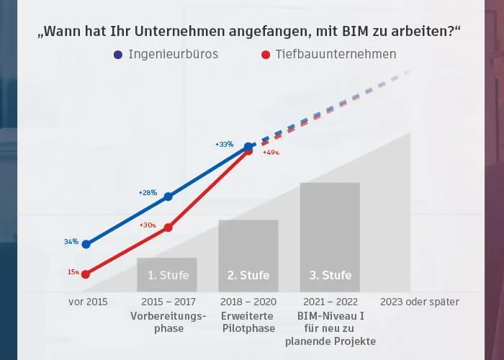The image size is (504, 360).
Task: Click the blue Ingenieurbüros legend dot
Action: pyautogui.click(x=118, y=55)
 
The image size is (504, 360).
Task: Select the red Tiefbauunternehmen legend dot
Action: pyautogui.click(x=266, y=55)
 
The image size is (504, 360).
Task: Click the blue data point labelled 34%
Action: pyautogui.click(x=86, y=244)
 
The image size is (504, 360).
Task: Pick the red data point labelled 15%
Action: pyautogui.click(x=86, y=274)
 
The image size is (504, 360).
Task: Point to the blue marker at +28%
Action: pyautogui.click(x=168, y=197)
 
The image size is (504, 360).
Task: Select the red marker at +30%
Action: pyautogui.click(x=168, y=228)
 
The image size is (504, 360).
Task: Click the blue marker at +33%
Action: pyautogui.click(x=248, y=147)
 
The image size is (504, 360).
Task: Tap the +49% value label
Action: pyautogui.click(x=271, y=153)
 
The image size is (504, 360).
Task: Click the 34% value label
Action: pyautogui.click(x=71, y=242)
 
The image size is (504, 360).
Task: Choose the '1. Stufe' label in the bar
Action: pyautogui.click(x=167, y=275)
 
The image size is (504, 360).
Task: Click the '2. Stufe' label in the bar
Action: pyautogui.click(x=248, y=275)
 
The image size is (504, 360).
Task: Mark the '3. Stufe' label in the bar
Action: pyautogui.click(x=330, y=275)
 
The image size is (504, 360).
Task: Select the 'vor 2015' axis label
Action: pyautogui.click(x=88, y=302)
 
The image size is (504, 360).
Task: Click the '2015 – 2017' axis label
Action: pyautogui.click(x=168, y=302)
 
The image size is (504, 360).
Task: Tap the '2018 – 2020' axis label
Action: pyautogui.click(x=248, y=302)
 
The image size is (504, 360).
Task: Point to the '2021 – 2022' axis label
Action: pyautogui.click(x=330, y=302)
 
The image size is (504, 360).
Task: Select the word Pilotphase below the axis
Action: pyautogui.click(x=248, y=328)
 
